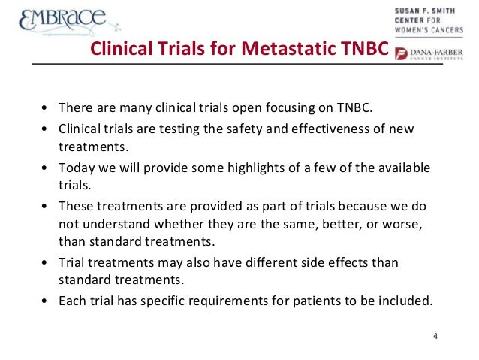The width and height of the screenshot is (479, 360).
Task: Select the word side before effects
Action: click(x=299, y=262)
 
